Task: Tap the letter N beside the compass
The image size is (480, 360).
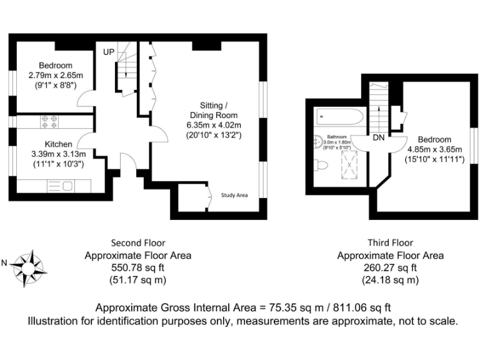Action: pos(5,264)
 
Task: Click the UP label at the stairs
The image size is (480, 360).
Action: pos(109,52)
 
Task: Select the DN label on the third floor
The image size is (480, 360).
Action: pos(379,137)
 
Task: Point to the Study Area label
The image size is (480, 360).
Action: pos(234,195)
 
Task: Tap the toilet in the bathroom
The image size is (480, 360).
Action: pos(321,165)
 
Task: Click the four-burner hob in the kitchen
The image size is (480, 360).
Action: pos(49,121)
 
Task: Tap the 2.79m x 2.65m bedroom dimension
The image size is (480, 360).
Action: pos(55,76)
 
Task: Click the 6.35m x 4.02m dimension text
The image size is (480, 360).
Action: pos(213,125)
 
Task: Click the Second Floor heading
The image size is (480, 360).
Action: pos(138,242)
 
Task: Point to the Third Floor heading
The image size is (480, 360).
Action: pos(391,242)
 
